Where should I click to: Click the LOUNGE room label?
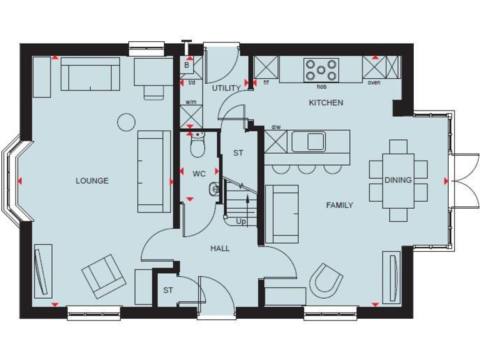[92, 181]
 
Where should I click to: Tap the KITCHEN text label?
[326, 102]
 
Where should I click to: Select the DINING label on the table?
[398, 180]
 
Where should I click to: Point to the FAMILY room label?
[339, 205]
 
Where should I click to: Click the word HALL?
[219, 248]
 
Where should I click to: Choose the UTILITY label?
[226, 88]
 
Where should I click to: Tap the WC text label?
[199, 173]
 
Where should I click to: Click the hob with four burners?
[321, 70]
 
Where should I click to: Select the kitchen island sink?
[308, 142]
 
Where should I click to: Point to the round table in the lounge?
[127, 122]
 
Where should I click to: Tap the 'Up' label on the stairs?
[241, 221]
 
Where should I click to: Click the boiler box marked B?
[187, 65]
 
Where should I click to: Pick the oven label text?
[374, 82]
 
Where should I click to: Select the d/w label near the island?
[276, 127]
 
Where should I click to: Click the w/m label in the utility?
[191, 101]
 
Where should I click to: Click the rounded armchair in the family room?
[326, 279]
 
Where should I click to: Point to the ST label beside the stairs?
[237, 152]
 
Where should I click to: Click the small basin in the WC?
[215, 187]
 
